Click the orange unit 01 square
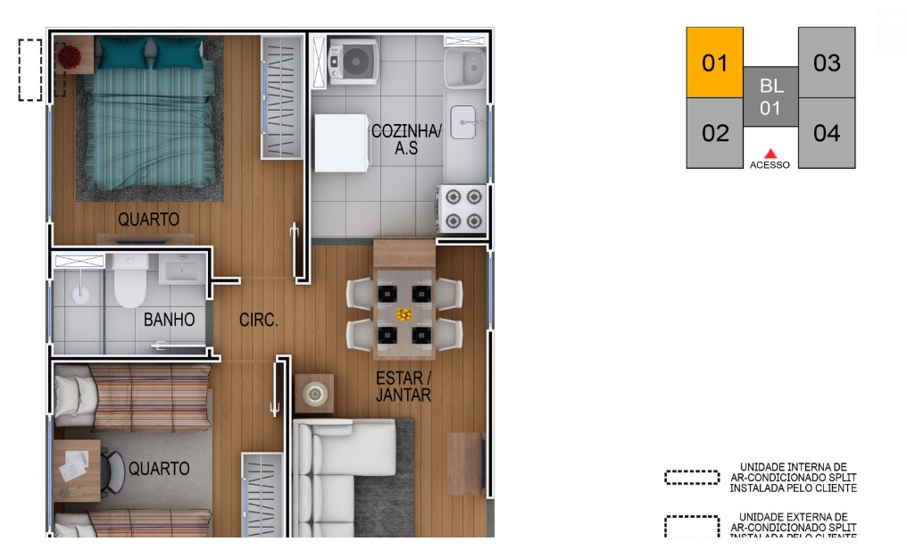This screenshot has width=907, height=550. pyautogui.click(x=714, y=62)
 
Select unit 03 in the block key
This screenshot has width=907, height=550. pyautogui.click(x=827, y=62)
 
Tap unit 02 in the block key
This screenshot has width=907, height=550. pyautogui.click(x=715, y=133)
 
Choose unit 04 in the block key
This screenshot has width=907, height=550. pyautogui.click(x=827, y=133)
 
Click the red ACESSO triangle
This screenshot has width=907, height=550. pyautogui.click(x=770, y=154)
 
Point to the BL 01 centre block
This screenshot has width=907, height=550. pyautogui.click(x=770, y=97)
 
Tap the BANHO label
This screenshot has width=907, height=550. pyautogui.click(x=169, y=320)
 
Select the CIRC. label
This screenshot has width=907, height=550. pyautogui.click(x=259, y=320)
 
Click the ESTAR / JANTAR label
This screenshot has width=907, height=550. pyautogui.click(x=404, y=387)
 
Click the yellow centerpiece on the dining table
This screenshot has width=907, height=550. pyautogui.click(x=404, y=314)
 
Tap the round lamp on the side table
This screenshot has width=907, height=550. pyautogui.click(x=314, y=393)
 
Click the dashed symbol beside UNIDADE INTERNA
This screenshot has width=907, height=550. pyautogui.click(x=692, y=478)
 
